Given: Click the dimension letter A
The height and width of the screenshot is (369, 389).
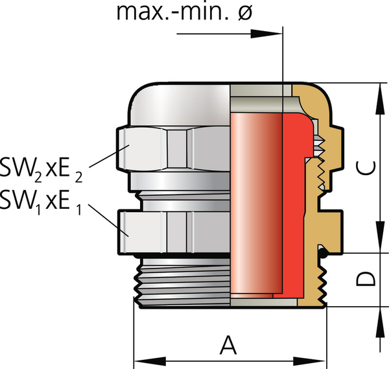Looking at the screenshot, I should pyautogui.click(x=226, y=344).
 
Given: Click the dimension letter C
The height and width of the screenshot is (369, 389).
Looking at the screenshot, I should pyautogui.click(x=366, y=167).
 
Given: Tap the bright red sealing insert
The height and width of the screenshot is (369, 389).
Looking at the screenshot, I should pyautogui.click(x=292, y=201).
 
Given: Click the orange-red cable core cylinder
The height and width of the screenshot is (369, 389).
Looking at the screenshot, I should pyautogui.click(x=256, y=201).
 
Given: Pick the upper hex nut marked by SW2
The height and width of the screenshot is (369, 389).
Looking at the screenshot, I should pyautogui.click(x=169, y=148).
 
